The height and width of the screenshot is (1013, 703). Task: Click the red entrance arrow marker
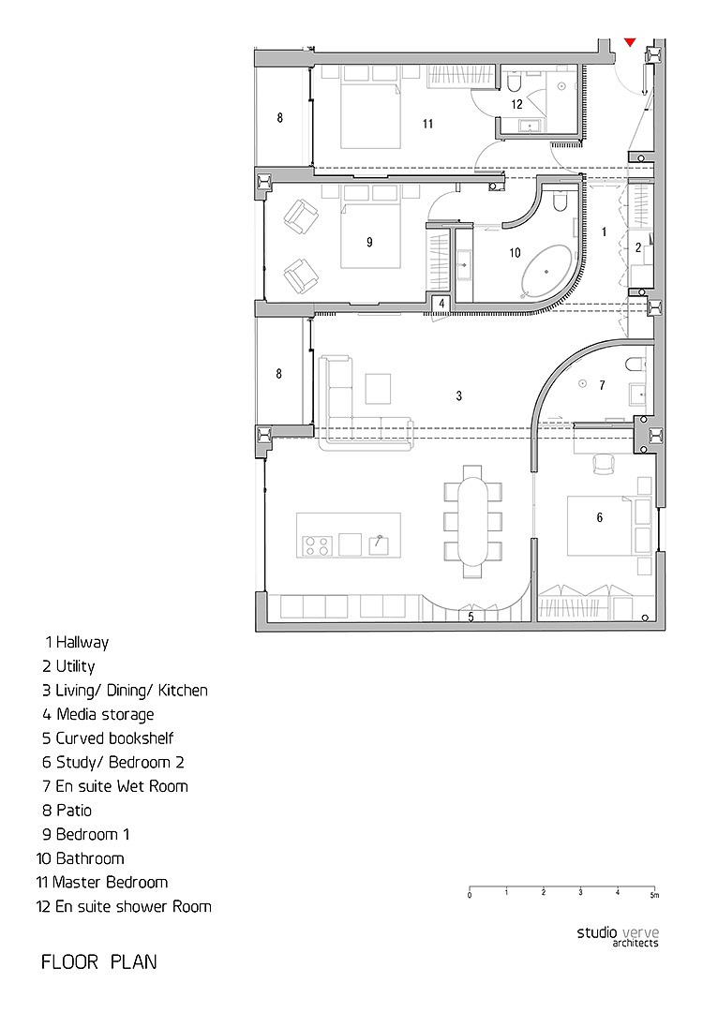630,42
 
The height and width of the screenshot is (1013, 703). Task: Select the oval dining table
473,520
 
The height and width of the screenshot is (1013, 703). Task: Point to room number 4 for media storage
442,303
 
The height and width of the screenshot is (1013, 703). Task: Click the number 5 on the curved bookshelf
471,617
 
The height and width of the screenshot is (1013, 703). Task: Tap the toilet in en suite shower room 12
515,82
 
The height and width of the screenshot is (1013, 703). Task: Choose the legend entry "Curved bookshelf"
108,738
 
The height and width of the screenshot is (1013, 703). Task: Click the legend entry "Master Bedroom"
102,883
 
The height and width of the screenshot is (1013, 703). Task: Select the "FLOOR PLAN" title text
98,962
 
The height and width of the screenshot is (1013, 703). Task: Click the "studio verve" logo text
618,932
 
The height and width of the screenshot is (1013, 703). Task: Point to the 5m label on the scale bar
654,896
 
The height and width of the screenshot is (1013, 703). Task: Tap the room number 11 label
427,124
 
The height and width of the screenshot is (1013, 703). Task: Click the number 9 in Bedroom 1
369,243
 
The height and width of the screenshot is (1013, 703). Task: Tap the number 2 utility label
638,247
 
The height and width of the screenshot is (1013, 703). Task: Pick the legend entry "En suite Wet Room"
115,786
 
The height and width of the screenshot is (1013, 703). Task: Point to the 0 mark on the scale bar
470,896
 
